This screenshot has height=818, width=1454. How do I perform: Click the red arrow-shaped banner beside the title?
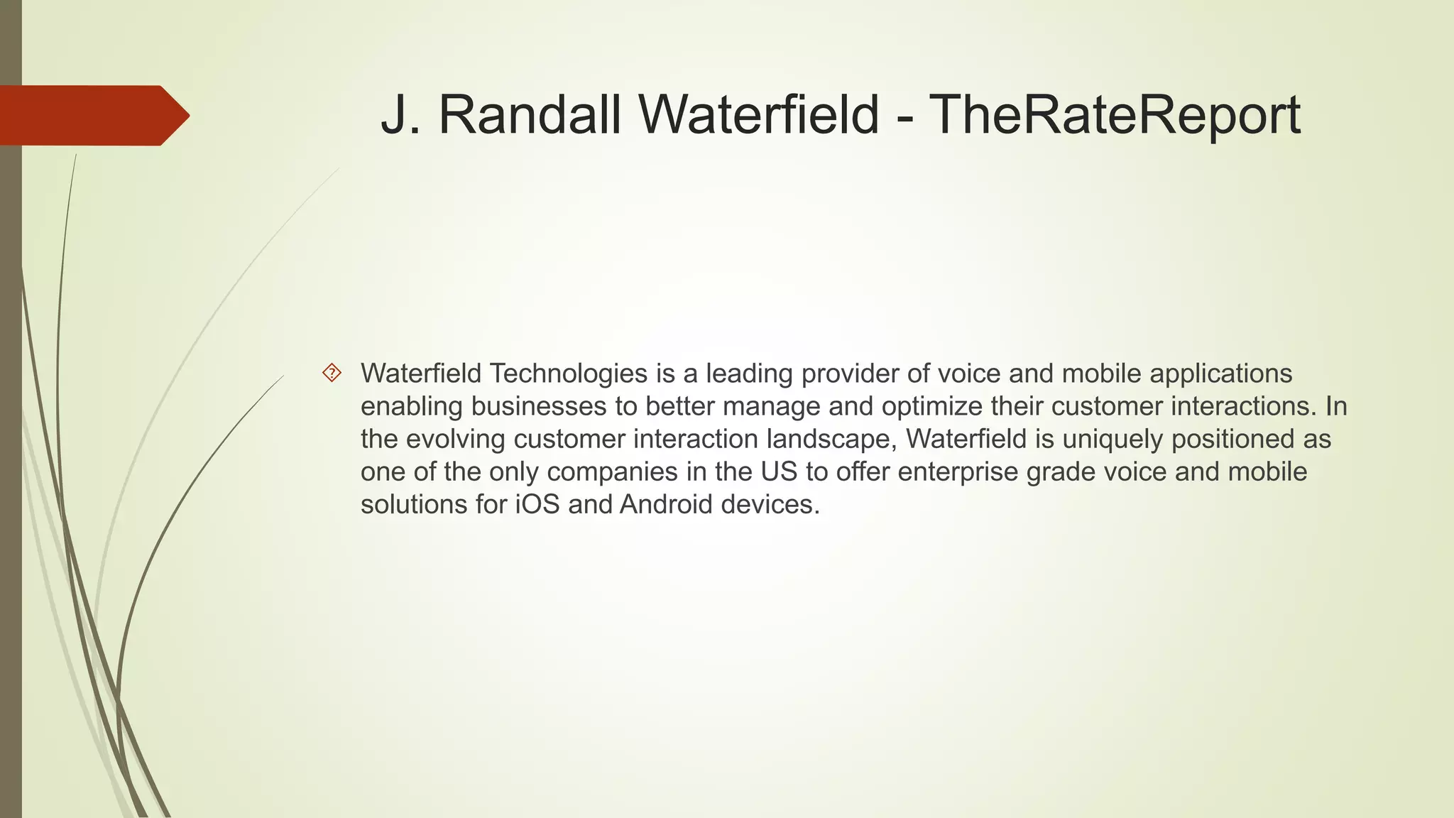tap(92, 115)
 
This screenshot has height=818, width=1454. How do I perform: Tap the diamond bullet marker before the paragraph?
tap(332, 373)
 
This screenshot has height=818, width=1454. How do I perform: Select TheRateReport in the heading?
tap(1115, 115)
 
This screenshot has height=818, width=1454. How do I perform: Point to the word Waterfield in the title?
tap(760, 115)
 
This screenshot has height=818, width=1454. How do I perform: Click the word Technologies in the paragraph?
tap(568, 373)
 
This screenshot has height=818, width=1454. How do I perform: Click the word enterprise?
tap(958, 471)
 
